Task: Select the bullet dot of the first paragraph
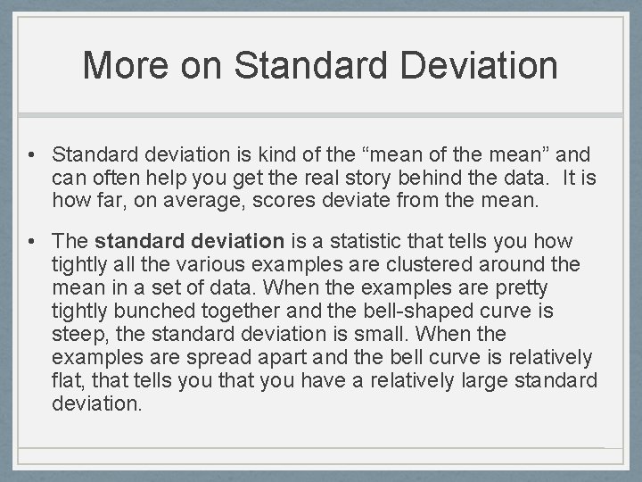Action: click(x=31, y=155)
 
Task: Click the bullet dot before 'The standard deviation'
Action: click(x=31, y=242)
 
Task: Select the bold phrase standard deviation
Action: click(x=189, y=242)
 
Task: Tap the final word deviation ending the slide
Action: click(x=95, y=404)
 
